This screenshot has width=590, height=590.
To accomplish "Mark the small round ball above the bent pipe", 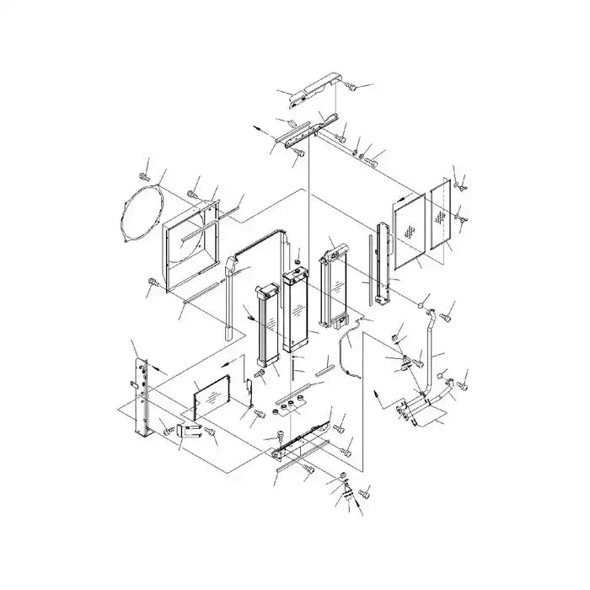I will click(421, 300).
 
